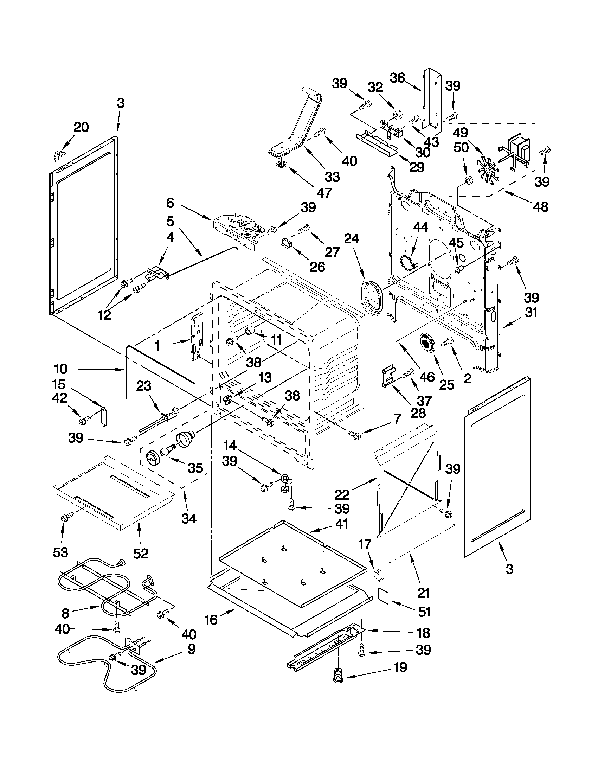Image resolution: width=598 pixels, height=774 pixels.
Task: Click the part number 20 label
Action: click(x=81, y=127)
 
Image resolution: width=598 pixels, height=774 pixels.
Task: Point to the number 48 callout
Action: click(x=540, y=206)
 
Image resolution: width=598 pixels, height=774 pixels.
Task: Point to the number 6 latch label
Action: click(x=170, y=203)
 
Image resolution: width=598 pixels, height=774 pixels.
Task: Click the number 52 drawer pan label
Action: click(x=140, y=553)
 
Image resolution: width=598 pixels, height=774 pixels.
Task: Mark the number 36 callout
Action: click(x=397, y=78)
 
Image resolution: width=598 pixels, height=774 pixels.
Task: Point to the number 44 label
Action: click(x=420, y=227)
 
